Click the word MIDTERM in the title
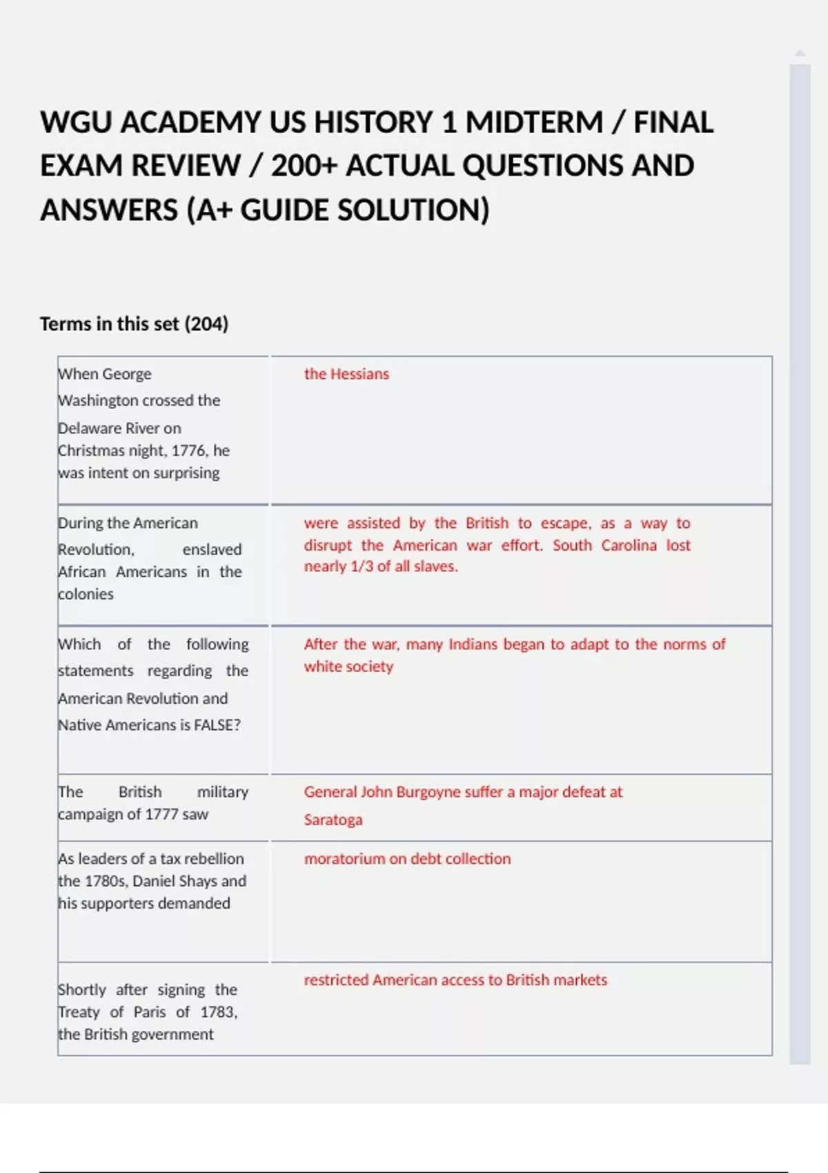click(x=534, y=123)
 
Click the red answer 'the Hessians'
click(x=346, y=374)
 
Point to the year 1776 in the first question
click(x=189, y=451)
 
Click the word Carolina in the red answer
click(x=629, y=545)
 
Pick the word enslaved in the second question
click(x=212, y=549)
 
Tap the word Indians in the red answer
click(x=473, y=644)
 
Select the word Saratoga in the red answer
click(x=333, y=820)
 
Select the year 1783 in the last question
click(x=218, y=1012)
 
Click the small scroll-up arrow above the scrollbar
click(x=800, y=53)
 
